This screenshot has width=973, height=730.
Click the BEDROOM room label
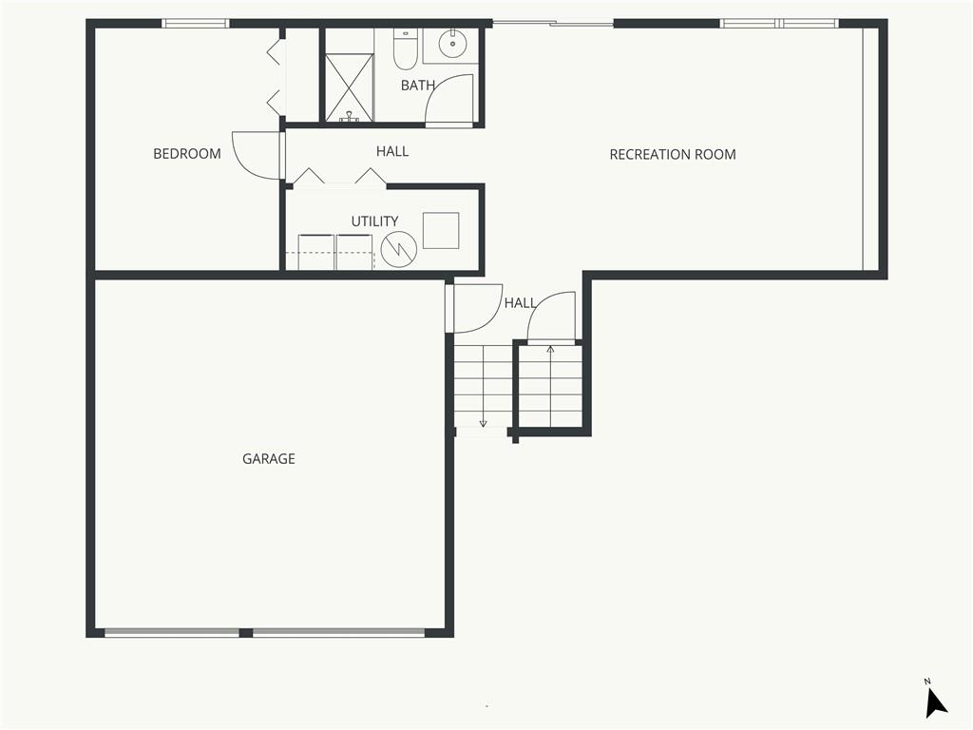coord(187,153)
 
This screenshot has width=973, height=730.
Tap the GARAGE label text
coord(269,459)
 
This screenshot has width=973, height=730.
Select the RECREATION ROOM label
coord(673,155)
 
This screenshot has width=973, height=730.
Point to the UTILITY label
coord(374,221)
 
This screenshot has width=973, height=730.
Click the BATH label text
coord(418,85)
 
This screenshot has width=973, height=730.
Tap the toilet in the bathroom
coord(405,48)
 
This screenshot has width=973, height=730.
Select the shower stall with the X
coord(350,87)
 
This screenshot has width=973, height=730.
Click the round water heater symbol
coord(398,250)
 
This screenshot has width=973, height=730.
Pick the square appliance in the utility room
coord(441,231)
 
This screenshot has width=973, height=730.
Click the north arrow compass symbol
coord(935,701)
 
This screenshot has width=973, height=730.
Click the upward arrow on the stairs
coord(550,386)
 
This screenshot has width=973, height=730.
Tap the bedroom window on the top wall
coord(196,24)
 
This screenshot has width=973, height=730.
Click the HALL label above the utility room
coord(392,151)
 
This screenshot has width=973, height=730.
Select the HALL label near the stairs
coord(520,303)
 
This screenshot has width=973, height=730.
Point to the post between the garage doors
coord(246,633)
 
